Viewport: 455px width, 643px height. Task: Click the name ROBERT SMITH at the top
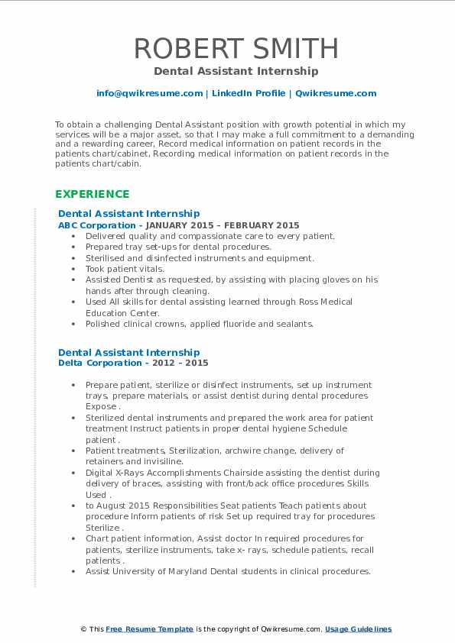(236, 48)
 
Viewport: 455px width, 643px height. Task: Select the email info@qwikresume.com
(149, 93)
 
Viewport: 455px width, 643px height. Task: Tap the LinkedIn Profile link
(248, 93)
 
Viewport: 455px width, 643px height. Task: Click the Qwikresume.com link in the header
(336, 93)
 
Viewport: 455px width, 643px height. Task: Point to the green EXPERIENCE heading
(92, 194)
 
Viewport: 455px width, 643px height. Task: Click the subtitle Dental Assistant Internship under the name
(236, 71)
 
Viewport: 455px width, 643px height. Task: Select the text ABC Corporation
(96, 225)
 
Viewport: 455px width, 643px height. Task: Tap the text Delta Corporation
(99, 363)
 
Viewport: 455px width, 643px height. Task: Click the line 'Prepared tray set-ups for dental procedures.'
(178, 247)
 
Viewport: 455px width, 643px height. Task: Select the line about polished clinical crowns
(200, 324)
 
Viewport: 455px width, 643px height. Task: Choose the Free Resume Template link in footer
(150, 628)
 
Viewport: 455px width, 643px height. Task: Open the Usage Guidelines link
(358, 628)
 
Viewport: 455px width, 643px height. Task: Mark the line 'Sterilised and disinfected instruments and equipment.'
(200, 258)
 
